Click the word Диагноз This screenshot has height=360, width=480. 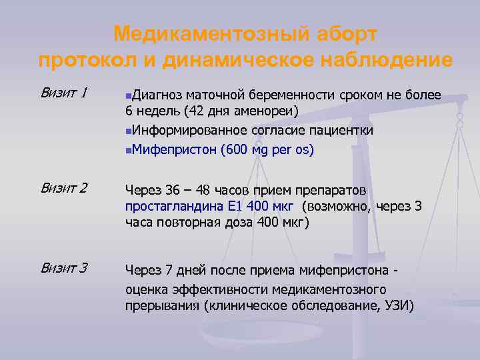tap(158, 95)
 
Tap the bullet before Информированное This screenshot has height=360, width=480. tap(128, 130)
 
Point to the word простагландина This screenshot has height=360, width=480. tap(169, 206)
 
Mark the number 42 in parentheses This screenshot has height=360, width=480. tap(198, 111)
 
